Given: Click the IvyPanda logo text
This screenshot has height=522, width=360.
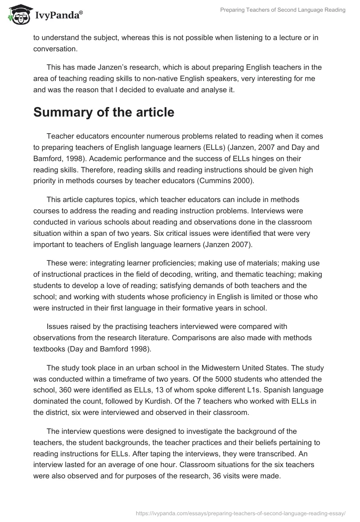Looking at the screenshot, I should click(x=58, y=15).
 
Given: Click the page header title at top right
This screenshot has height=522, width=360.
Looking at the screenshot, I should click(x=283, y=10).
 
